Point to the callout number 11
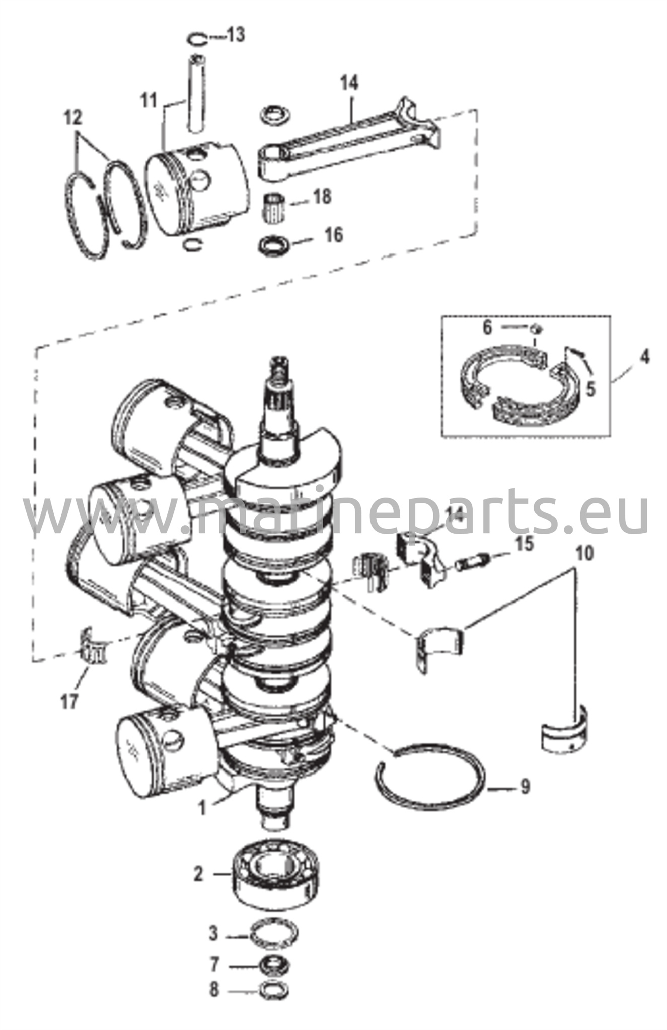(149, 101)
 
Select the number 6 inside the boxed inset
(487, 328)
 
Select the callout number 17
(69, 701)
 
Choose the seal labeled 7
(274, 965)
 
